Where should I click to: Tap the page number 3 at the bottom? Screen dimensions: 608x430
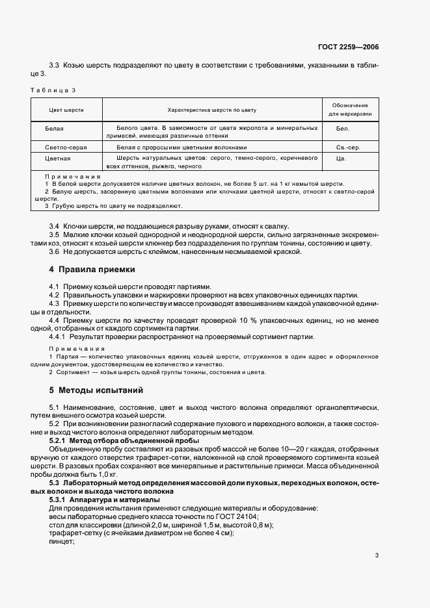coord(377,555)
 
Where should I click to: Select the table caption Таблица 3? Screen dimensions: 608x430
coord(54,90)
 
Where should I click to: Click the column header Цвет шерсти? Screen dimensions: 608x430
coord(66,110)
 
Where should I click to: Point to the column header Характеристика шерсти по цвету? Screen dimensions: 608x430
coord(212,110)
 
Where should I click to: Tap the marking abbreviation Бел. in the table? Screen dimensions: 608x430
coord(343,129)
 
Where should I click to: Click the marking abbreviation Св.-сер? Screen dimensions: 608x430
coord(348,147)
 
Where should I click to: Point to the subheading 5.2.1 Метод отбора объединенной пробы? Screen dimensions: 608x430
coord(116,440)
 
